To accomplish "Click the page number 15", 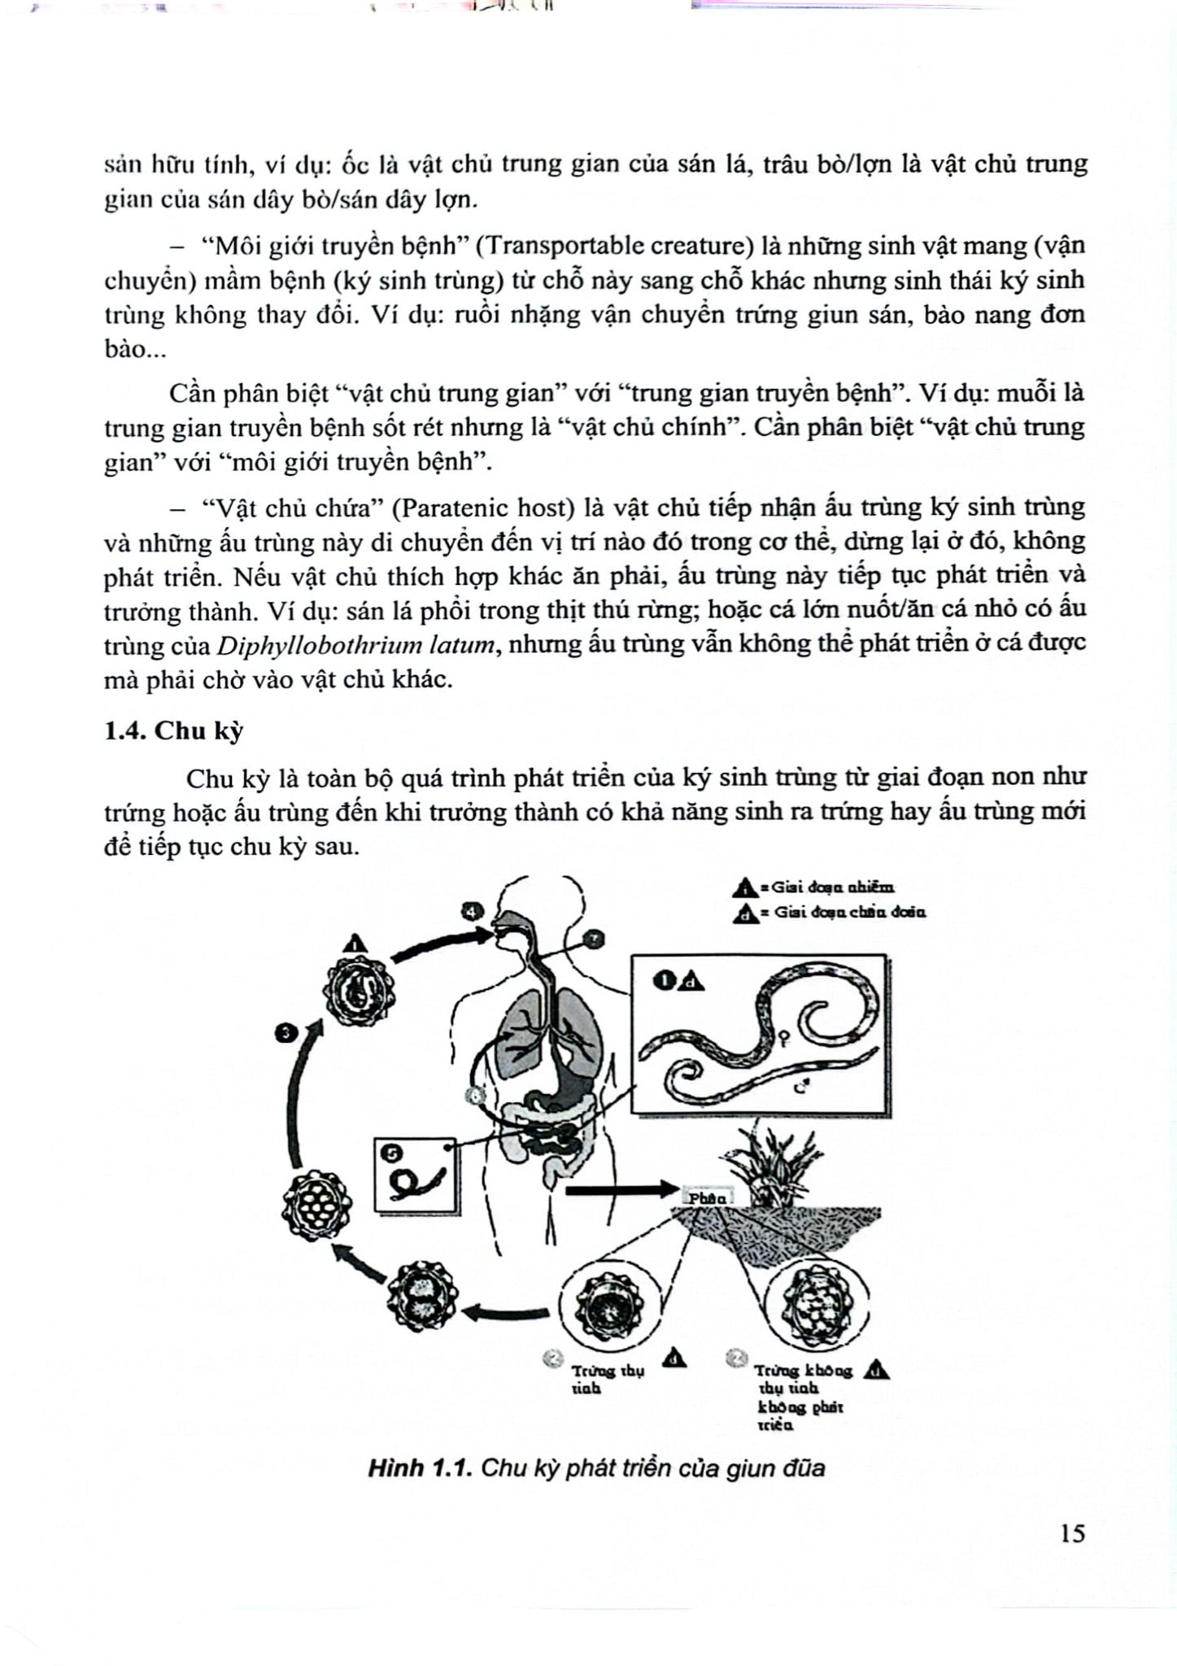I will pos(1072,1533).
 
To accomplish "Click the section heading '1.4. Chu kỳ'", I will pos(173,731).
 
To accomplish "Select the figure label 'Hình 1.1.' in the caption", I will pos(420,1468).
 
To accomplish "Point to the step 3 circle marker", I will pos(286,1033).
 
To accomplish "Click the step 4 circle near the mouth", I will pos(472,911).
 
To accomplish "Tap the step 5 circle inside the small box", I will pos(392,1153).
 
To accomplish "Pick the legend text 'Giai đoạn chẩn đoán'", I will pos(849,912).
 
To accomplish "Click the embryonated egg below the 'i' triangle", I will pos(358,991).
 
